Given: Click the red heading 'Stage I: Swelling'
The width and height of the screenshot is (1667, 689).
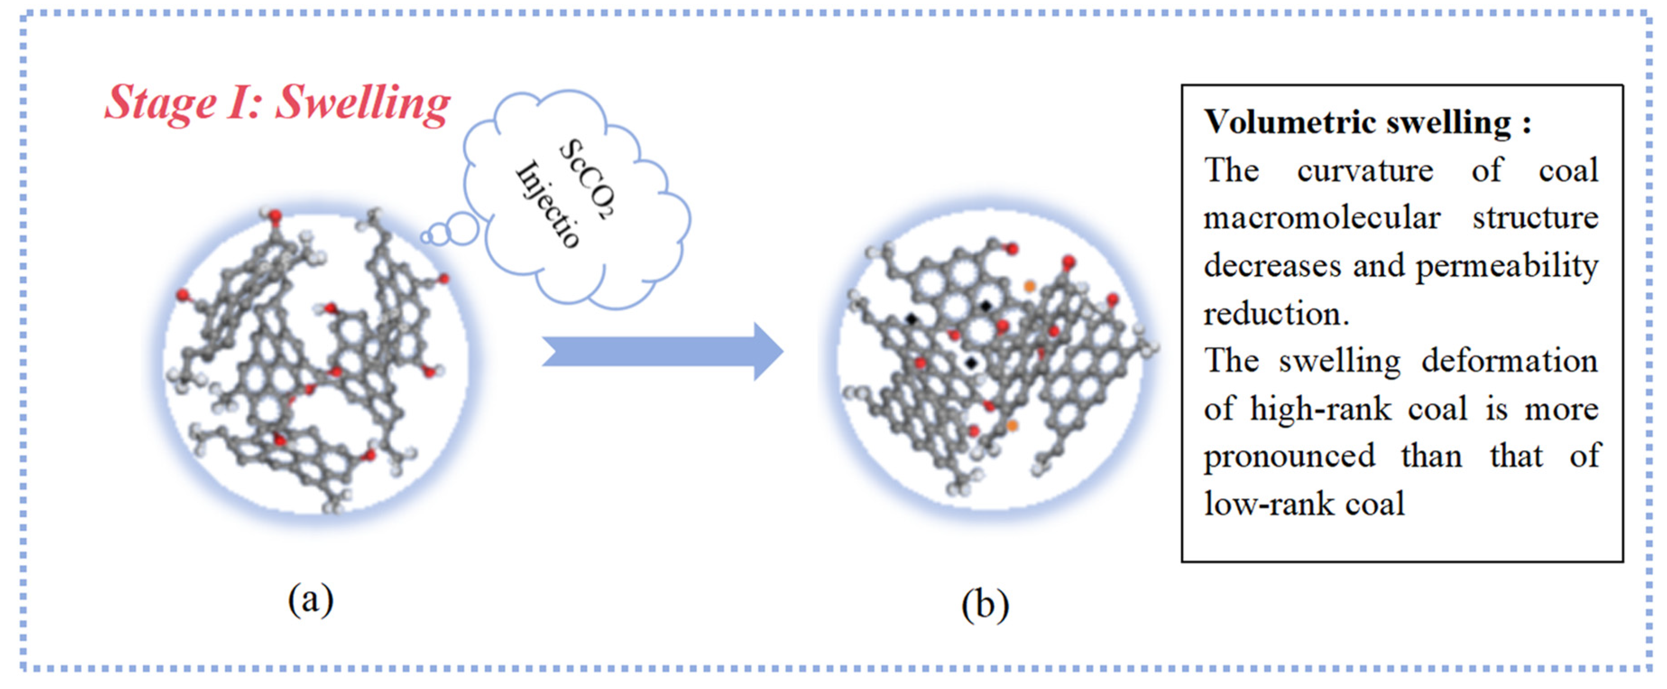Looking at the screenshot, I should coord(277,103).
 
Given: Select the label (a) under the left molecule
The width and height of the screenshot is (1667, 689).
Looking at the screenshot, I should coord(311,600).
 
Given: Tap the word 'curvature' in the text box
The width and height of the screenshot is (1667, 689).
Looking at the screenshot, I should coord(1365,171).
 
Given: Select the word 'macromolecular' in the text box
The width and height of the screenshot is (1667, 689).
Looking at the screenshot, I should coord(1322,218).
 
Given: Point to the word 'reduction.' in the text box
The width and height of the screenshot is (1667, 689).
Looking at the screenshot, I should coord(1276,314).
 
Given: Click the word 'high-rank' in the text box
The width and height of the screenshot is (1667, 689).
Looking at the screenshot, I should coord(1320,409).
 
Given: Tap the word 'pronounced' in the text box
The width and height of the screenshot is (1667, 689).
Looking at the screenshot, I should coord(1289,456).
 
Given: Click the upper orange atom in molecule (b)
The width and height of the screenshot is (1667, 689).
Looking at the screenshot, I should coord(1029,286).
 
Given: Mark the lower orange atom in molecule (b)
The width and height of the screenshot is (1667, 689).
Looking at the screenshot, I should coord(1012,425).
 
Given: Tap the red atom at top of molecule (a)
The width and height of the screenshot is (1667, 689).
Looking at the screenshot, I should coord(275,216).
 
